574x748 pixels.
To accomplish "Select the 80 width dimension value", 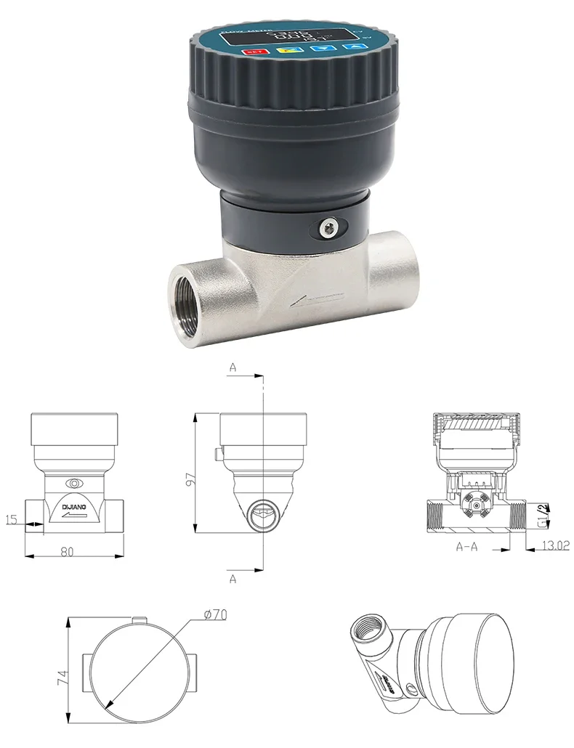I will (x=67, y=551).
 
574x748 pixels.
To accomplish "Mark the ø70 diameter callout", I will (x=216, y=614).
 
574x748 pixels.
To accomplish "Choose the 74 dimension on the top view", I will (x=62, y=679).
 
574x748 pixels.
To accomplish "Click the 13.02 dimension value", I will (x=555, y=545).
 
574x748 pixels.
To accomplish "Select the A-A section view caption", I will (x=466, y=545).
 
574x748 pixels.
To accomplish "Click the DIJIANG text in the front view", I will (x=73, y=502).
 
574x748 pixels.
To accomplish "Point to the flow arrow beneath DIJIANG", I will (x=73, y=515).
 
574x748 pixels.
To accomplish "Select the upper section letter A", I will (x=233, y=368).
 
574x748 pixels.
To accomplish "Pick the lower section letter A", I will (x=233, y=579).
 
